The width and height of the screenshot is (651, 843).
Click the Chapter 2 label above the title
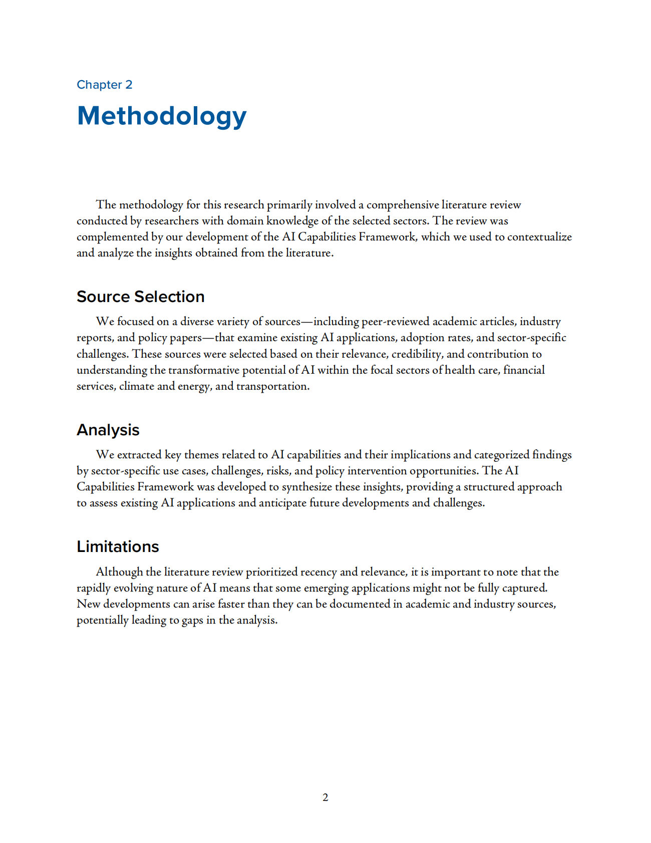tap(104, 85)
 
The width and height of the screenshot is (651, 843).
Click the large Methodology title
tap(161, 116)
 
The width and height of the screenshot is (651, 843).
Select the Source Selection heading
tap(140, 297)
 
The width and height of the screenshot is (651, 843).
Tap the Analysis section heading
tap(108, 430)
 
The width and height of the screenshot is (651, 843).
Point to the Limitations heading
tap(118, 546)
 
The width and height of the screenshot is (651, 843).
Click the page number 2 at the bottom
tap(325, 797)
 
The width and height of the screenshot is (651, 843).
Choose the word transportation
tap(273, 386)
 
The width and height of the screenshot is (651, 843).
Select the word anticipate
tap(282, 503)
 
